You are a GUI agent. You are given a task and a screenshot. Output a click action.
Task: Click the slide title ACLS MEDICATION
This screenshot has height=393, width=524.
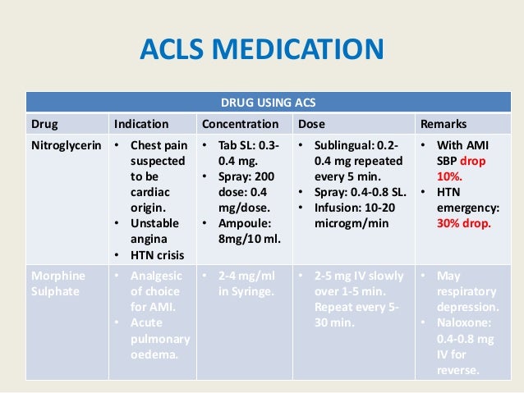[262, 52]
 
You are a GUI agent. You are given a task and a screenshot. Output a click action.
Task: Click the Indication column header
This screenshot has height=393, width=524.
[141, 125]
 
